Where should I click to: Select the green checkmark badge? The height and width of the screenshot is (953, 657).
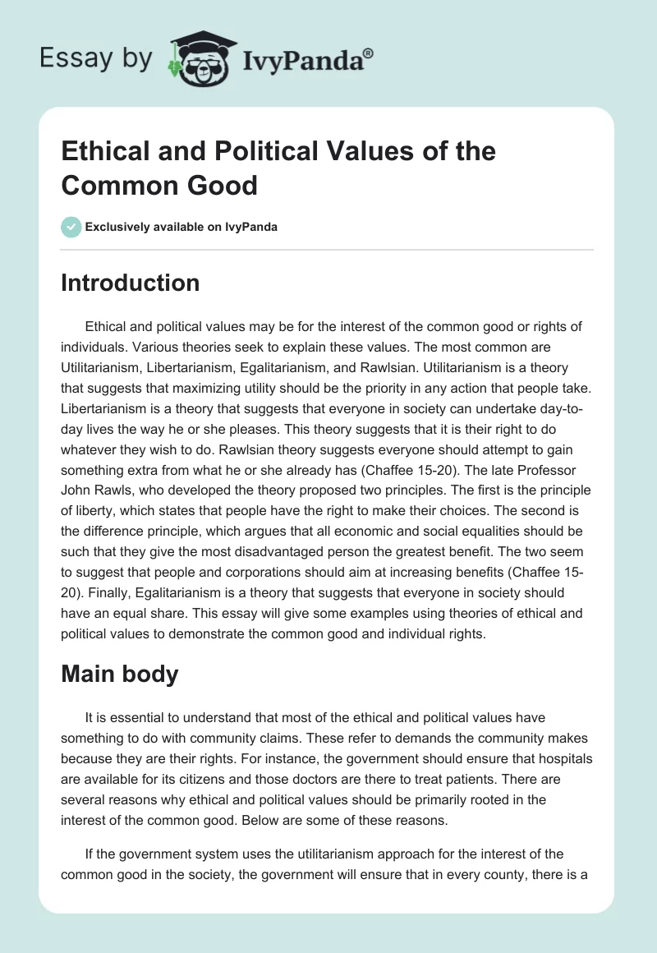point(71,227)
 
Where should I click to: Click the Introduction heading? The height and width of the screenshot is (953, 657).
point(130,283)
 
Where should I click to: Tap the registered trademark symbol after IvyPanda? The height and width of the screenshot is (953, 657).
point(369,52)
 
